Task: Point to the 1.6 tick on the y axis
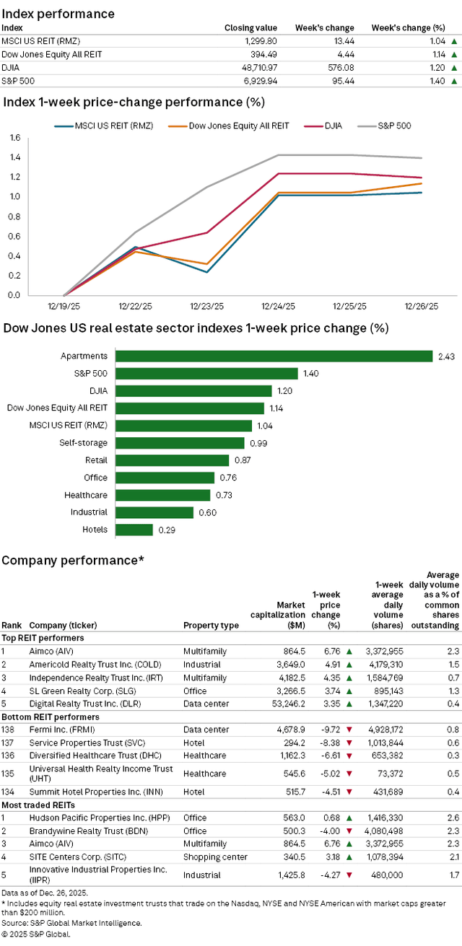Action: coord(14,137)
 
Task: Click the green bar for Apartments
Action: coord(274,356)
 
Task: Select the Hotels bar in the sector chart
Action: coord(134,530)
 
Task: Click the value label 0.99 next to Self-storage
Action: coord(257,443)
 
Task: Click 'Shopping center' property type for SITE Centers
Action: coord(214,857)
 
